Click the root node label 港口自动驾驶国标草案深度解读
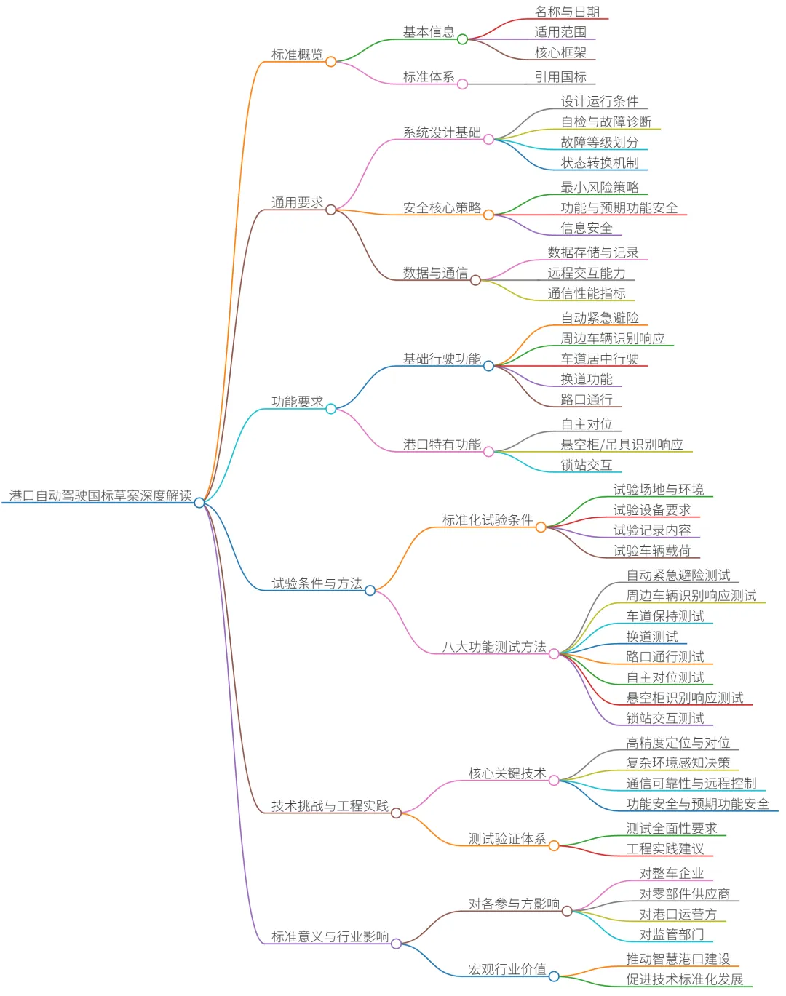tap(100, 495)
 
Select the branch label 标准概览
tap(297, 55)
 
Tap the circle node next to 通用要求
tap(331, 210)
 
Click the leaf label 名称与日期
tap(567, 12)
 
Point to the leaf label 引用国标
tap(560, 77)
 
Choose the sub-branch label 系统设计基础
tap(442, 132)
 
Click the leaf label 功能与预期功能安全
tap(619, 208)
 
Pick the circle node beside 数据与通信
tap(475, 280)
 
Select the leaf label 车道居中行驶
tap(600, 359)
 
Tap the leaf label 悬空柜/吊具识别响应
tap(622, 445)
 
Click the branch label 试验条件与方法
tap(317, 583)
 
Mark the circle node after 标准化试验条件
tap(541, 527)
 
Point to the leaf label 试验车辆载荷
tap(651, 551)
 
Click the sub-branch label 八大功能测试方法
tap(494, 647)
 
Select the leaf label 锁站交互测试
tap(665, 718)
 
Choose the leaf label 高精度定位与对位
tap(678, 743)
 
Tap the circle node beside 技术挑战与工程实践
tap(397, 813)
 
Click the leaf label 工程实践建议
tap(665, 849)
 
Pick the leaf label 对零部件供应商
tap(684, 894)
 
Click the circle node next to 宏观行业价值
tap(554, 976)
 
